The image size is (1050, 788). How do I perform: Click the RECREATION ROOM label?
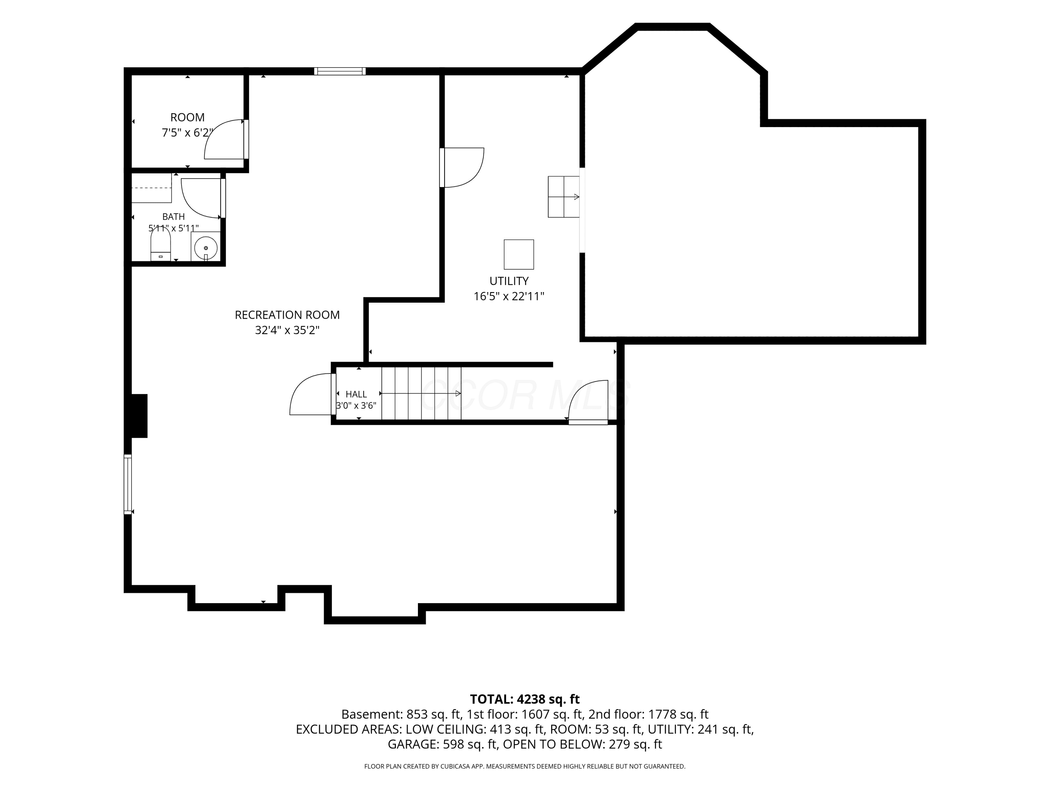click(287, 315)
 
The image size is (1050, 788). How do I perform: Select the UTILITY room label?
click(509, 281)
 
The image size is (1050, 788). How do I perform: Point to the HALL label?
click(356, 394)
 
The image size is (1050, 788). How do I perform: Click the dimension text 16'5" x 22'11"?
click(509, 296)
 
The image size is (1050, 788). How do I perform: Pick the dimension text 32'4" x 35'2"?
click(287, 330)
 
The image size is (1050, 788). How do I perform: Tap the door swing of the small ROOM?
click(224, 139)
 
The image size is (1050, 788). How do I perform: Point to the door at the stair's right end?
click(588, 402)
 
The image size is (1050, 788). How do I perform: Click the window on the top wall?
click(340, 71)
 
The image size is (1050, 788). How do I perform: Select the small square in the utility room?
click(519, 255)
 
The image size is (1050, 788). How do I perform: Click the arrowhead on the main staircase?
click(458, 394)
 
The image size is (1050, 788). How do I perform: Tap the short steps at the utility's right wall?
click(564, 196)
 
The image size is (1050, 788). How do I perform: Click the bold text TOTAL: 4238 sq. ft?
click(525, 699)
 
